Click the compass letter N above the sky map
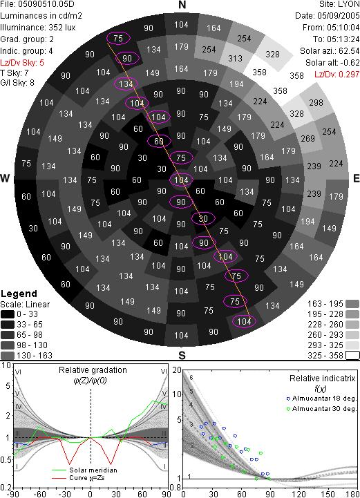182,5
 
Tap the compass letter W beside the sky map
5,178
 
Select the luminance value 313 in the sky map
235,59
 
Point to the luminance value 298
316,103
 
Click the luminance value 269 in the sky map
307,138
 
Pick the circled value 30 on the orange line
203,218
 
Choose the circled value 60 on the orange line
159,142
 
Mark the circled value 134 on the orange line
126,84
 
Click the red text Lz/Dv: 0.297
337,75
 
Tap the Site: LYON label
339,4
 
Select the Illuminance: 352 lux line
38,28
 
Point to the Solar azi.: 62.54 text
330,51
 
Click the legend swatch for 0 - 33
8,314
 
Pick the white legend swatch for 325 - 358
352,356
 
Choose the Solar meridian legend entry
84,470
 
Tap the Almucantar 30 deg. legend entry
321,409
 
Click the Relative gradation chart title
93,370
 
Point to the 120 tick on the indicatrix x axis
299,494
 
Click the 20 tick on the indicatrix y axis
177,370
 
